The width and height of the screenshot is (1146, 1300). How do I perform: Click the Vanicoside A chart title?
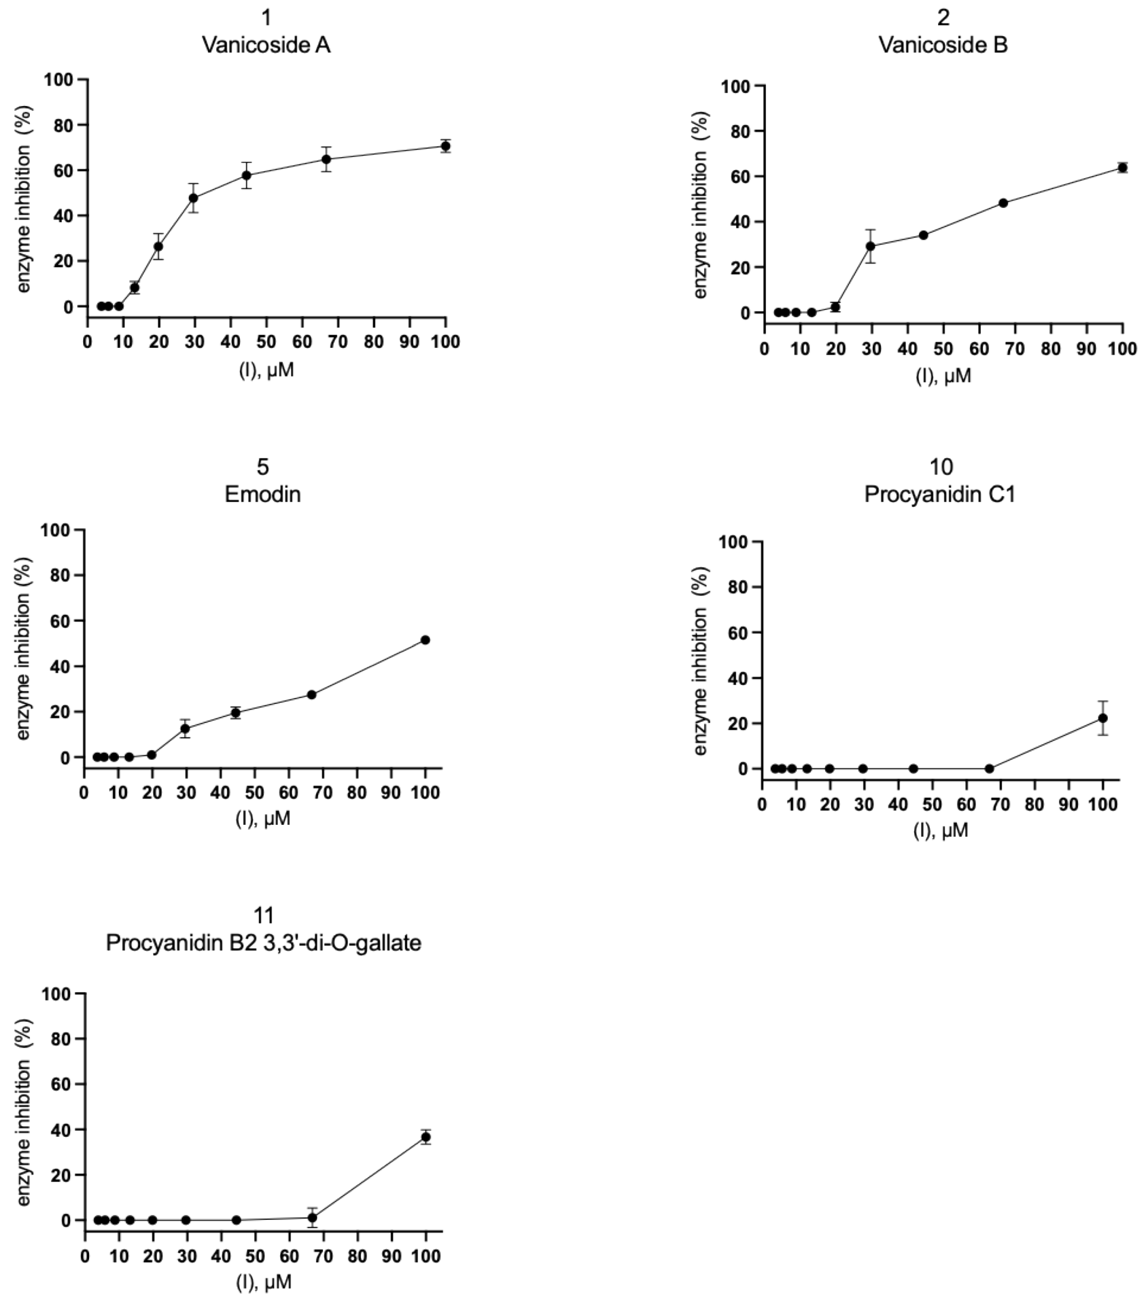(266, 45)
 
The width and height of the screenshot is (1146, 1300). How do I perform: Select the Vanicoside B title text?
(942, 45)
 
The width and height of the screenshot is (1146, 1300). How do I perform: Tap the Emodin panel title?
(262, 494)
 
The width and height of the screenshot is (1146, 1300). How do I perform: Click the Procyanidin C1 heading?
(939, 494)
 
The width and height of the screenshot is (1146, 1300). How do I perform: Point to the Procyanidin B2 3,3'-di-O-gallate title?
(263, 943)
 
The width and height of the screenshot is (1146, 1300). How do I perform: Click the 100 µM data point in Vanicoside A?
(445, 146)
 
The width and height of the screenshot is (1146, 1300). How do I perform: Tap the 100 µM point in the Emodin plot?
(425, 640)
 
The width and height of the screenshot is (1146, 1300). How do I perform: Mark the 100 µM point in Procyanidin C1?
(1103, 718)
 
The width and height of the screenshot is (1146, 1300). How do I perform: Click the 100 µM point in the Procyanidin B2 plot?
(426, 1137)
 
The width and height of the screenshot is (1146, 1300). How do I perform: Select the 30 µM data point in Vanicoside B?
(871, 246)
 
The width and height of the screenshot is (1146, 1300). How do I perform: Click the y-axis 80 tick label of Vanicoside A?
(63, 125)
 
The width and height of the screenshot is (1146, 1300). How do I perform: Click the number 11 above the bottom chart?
(263, 915)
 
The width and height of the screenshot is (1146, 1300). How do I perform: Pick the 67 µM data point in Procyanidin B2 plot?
(312, 1218)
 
